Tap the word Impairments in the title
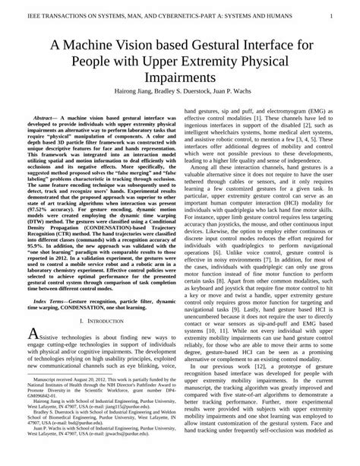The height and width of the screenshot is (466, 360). (180, 78)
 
